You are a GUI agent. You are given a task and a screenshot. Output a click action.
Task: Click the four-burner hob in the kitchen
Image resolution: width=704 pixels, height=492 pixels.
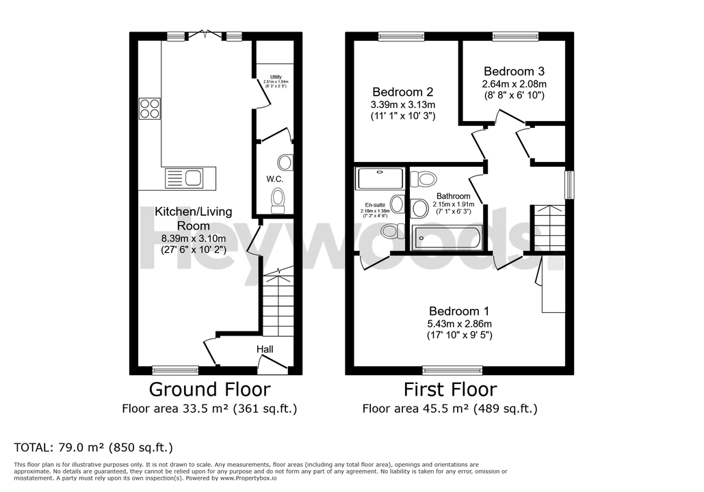coord(150,109)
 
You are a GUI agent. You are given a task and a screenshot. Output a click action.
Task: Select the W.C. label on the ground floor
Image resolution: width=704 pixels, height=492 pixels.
coord(275,179)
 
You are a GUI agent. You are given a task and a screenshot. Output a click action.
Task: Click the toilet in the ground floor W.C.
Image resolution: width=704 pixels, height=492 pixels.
coord(278,200)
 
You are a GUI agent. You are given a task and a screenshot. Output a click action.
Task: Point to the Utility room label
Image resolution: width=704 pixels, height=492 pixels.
coord(273,77)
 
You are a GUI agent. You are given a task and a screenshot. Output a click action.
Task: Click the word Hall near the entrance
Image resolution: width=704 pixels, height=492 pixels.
coord(265,349)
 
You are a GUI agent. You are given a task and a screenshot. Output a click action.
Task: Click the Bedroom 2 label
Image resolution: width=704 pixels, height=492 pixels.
coord(403,92)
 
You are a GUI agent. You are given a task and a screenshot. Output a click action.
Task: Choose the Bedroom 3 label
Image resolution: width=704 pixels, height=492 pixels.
coord(514,71)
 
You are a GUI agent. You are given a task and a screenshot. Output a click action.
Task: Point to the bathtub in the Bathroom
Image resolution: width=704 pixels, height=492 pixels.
coord(447,238)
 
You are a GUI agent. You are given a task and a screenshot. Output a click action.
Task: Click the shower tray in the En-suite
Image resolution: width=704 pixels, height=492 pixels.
coord(380,179)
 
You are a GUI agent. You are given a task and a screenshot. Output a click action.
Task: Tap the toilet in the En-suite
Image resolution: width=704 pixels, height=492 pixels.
coord(392,231)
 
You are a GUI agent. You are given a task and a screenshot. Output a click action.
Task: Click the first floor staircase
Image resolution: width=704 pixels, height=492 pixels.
coord(548,228)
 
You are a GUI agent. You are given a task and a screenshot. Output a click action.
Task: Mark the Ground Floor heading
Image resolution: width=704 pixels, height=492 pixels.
coord(209,389)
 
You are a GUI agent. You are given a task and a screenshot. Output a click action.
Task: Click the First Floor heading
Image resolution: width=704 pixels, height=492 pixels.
coord(449,389)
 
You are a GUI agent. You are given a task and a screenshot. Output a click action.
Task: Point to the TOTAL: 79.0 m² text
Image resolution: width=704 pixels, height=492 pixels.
coord(93,448)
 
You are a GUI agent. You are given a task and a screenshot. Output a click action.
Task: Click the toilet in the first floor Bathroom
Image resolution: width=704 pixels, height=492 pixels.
coord(426,180)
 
